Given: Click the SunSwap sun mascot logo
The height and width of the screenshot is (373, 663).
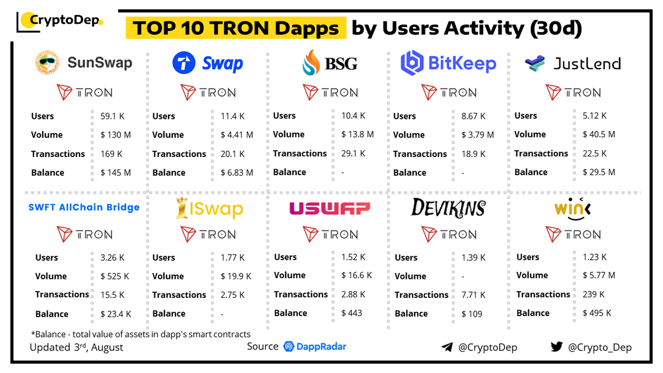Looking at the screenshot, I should [x=47, y=63].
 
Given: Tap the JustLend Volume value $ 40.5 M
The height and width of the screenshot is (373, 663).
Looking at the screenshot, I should [x=598, y=134].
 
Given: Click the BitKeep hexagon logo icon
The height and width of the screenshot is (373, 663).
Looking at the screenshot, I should [x=412, y=63].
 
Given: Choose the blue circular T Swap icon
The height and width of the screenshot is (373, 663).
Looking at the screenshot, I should [x=184, y=63].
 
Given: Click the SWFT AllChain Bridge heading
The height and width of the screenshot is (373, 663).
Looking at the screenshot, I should [x=84, y=208].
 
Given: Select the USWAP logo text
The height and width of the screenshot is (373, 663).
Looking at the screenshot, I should [x=329, y=208].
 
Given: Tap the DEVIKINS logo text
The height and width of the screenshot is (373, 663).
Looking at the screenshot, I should [x=448, y=208].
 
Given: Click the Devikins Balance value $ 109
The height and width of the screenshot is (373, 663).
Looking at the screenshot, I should [x=471, y=314].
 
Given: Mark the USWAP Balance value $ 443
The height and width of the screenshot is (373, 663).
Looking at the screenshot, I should [x=351, y=313].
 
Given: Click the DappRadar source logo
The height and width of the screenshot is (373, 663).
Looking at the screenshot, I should [x=314, y=347].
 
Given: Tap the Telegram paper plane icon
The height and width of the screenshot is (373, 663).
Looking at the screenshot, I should [x=447, y=348].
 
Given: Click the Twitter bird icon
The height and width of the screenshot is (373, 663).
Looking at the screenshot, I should [x=556, y=347].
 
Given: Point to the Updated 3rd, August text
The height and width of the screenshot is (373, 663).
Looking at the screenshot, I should [x=76, y=348].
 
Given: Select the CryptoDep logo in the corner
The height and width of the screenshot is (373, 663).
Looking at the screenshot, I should [x=60, y=21].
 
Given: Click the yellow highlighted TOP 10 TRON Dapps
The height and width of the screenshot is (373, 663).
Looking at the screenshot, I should [x=236, y=28].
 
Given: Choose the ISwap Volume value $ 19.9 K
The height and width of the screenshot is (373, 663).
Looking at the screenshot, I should [x=231, y=276].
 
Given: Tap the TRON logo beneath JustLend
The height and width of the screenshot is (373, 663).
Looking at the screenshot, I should [x=572, y=92].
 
